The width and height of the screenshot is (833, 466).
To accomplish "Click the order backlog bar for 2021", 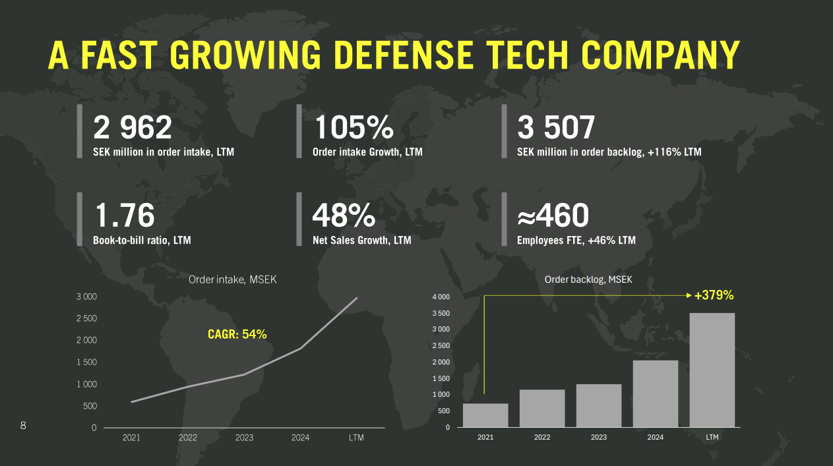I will click(485, 415).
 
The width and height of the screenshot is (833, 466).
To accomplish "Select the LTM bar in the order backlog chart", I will click(712, 370).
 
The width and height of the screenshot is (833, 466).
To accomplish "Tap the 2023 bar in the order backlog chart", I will click(599, 405).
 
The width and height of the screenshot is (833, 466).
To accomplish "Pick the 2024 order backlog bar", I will click(656, 393).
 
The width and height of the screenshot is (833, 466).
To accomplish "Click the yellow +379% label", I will click(714, 295).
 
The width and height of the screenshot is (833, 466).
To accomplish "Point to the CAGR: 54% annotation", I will click(237, 334).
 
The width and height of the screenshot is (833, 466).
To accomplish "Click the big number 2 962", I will click(132, 127).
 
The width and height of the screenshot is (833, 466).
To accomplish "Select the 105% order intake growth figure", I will click(354, 127).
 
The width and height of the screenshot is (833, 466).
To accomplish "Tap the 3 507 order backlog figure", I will click(556, 127).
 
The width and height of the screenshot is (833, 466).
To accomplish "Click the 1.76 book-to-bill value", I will click(124, 216).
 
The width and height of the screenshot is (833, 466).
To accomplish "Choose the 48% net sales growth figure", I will click(344, 216).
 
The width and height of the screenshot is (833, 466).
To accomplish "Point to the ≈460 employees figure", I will click(553, 216).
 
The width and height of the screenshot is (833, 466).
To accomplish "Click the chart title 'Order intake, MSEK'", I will click(233, 279).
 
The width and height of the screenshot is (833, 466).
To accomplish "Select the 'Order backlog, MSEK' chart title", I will click(588, 279).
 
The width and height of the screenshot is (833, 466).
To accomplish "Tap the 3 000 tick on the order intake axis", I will click(86, 297).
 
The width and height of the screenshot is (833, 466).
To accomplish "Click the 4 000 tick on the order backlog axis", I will click(441, 297).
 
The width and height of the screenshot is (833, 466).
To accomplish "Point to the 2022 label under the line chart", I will click(188, 437).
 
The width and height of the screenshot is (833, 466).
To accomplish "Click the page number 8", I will click(23, 425).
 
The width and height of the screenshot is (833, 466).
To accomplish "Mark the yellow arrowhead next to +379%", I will click(689, 296).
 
